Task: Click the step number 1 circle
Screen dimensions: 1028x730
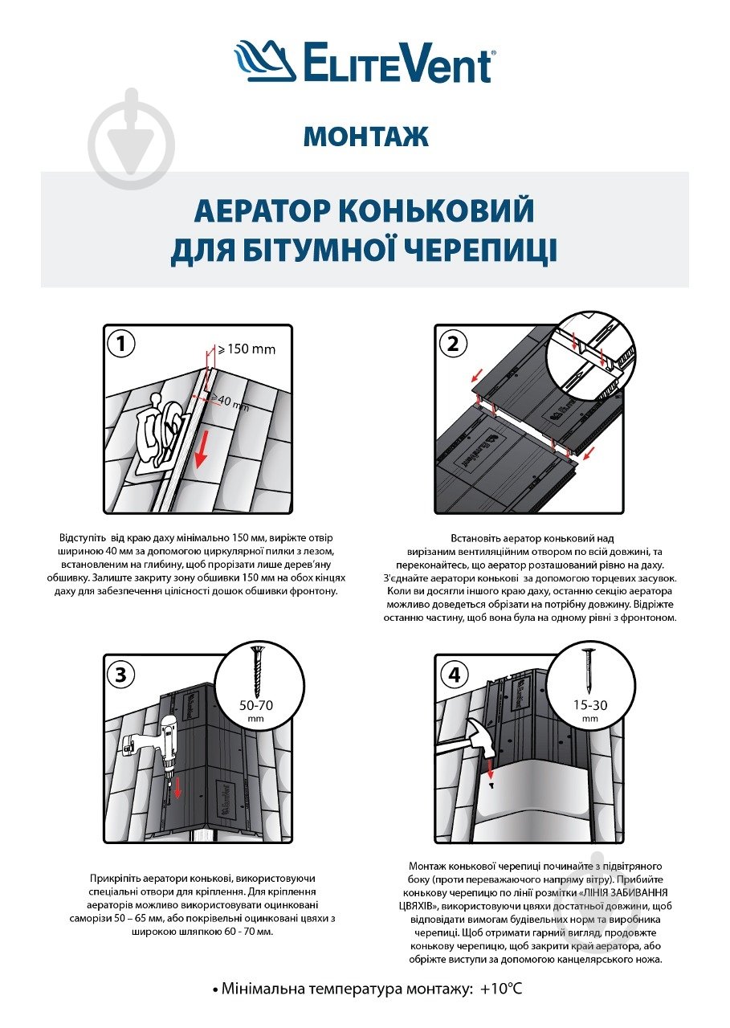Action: pos(121,345)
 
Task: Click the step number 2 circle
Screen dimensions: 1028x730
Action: pos(453,345)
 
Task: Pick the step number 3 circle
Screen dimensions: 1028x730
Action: pos(121,675)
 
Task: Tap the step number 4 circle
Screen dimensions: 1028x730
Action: pos(455,675)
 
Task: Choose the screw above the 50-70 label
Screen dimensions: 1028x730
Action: pos(257,671)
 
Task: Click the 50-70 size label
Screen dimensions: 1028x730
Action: pos(257,706)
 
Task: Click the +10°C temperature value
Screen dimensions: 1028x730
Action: pos(501,989)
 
